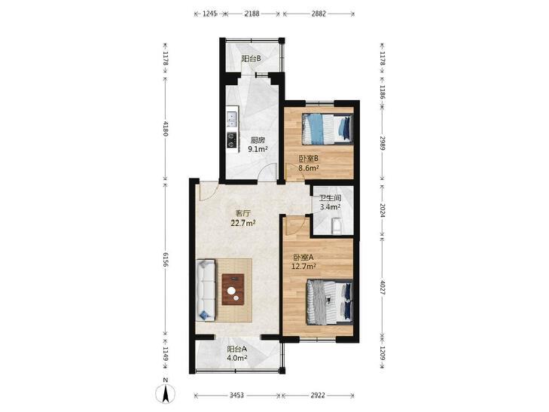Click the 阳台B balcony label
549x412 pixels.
251,59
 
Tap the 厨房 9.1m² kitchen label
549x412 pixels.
258,145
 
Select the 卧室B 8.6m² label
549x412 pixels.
309,163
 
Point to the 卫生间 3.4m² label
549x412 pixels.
330,203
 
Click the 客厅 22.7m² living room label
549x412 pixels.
243,218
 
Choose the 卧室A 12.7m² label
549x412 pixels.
303,261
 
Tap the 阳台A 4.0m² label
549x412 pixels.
237,353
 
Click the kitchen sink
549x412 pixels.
232,119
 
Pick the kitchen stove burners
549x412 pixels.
232,140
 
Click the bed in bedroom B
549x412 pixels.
328,129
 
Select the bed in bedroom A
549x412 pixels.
329,302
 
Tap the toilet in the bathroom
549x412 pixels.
336,226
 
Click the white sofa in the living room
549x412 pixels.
206,289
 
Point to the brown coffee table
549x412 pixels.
233,289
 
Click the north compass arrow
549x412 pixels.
166,393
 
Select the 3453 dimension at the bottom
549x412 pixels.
236,395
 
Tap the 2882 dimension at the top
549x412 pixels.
319,14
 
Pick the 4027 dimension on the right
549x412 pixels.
383,288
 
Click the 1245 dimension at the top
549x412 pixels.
210,14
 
